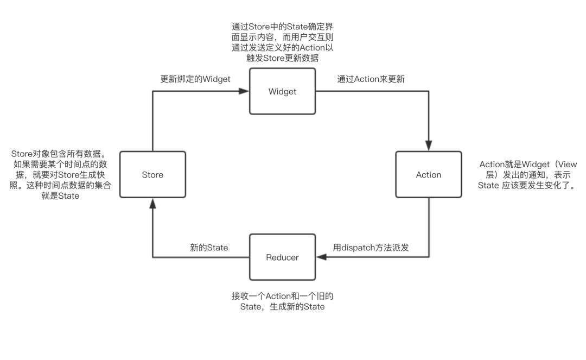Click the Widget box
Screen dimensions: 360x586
[x=282, y=91]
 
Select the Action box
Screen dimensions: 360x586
[x=429, y=174]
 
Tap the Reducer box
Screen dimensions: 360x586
[x=282, y=257]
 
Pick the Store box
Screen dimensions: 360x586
[x=152, y=174]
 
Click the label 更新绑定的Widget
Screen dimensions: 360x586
[x=195, y=79]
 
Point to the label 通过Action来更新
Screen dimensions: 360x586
[x=371, y=79]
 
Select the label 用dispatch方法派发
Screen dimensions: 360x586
[x=371, y=247]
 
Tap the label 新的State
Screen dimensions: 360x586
[x=209, y=247]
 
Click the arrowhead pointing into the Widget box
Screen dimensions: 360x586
[x=245, y=91]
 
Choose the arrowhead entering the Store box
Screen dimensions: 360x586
[x=153, y=202]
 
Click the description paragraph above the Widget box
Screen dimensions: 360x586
[x=282, y=42]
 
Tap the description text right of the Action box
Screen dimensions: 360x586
[x=526, y=175]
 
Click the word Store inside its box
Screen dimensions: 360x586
[x=152, y=175]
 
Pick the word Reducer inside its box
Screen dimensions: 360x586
[x=282, y=257]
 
